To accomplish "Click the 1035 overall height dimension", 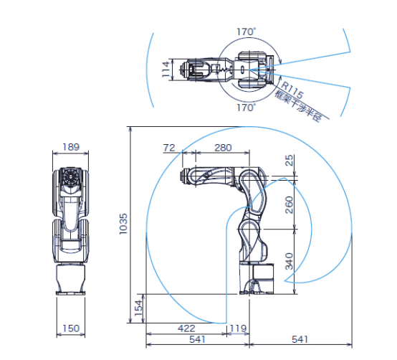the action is point(123,224).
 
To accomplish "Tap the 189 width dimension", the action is point(71,147).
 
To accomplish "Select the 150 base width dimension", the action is point(71,328).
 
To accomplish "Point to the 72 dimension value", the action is point(169,148).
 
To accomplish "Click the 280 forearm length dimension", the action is point(223,148).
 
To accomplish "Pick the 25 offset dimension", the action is point(289,160).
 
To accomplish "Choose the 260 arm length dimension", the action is point(289,204).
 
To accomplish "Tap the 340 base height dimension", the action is point(289,261).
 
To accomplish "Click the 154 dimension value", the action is point(138,308).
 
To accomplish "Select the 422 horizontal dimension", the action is point(186,328).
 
